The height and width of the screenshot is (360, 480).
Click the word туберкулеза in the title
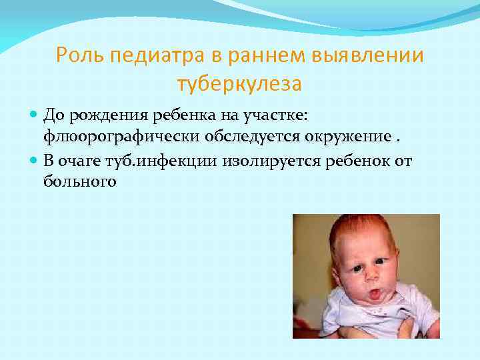click(x=239, y=84)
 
